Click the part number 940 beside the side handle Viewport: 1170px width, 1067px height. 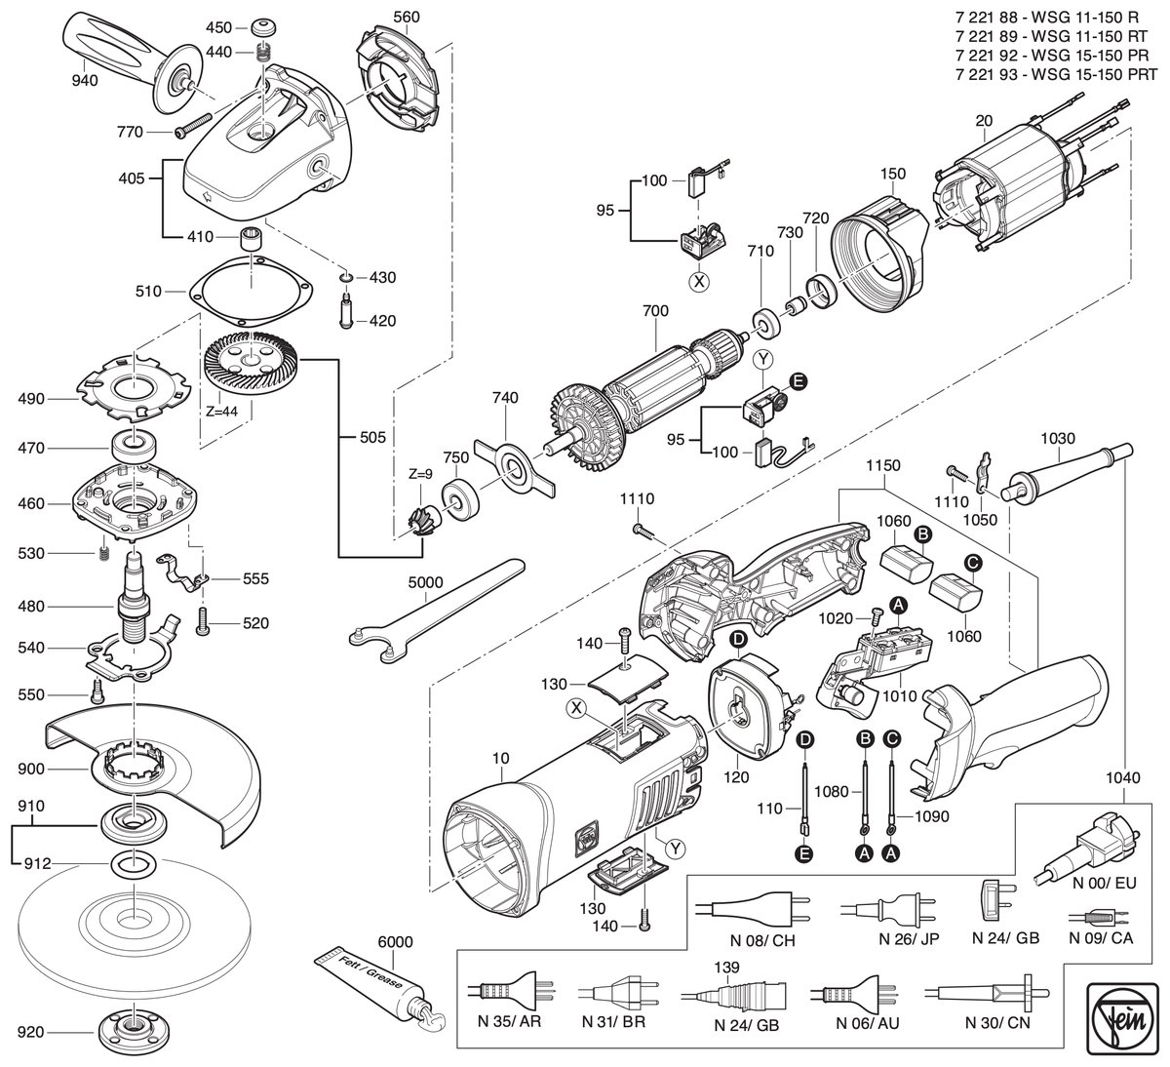85,81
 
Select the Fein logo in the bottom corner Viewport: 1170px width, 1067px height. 1121,1021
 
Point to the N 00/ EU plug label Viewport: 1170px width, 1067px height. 1104,883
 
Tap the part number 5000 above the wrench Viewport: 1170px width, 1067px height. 425,582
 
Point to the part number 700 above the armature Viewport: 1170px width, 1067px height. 655,310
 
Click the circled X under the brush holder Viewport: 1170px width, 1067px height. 698,282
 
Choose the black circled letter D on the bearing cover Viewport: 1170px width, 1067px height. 738,640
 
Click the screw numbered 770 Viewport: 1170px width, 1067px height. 193,126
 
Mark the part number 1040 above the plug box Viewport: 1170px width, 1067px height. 1123,777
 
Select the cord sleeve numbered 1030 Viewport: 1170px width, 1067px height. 1067,473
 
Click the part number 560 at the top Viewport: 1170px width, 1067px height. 406,17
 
